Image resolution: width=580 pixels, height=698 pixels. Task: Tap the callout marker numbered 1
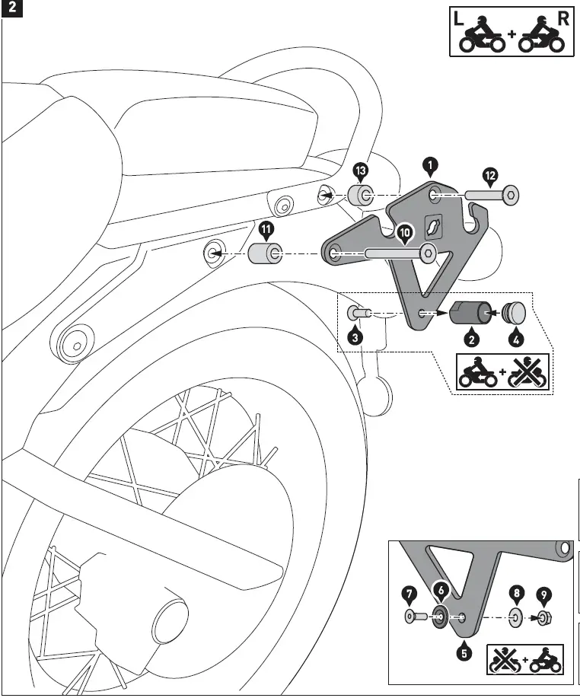(431, 164)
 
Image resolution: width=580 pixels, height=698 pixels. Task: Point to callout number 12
(490, 176)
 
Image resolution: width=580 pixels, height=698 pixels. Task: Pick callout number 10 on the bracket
(403, 230)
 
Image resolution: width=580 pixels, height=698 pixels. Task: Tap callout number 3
(355, 336)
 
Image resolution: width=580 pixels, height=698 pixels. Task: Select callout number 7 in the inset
(409, 591)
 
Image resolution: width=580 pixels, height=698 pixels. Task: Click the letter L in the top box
(458, 19)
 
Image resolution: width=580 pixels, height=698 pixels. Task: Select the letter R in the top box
(562, 19)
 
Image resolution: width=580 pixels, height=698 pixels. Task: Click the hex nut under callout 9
(543, 617)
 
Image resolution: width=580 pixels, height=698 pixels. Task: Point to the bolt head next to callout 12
(509, 196)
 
